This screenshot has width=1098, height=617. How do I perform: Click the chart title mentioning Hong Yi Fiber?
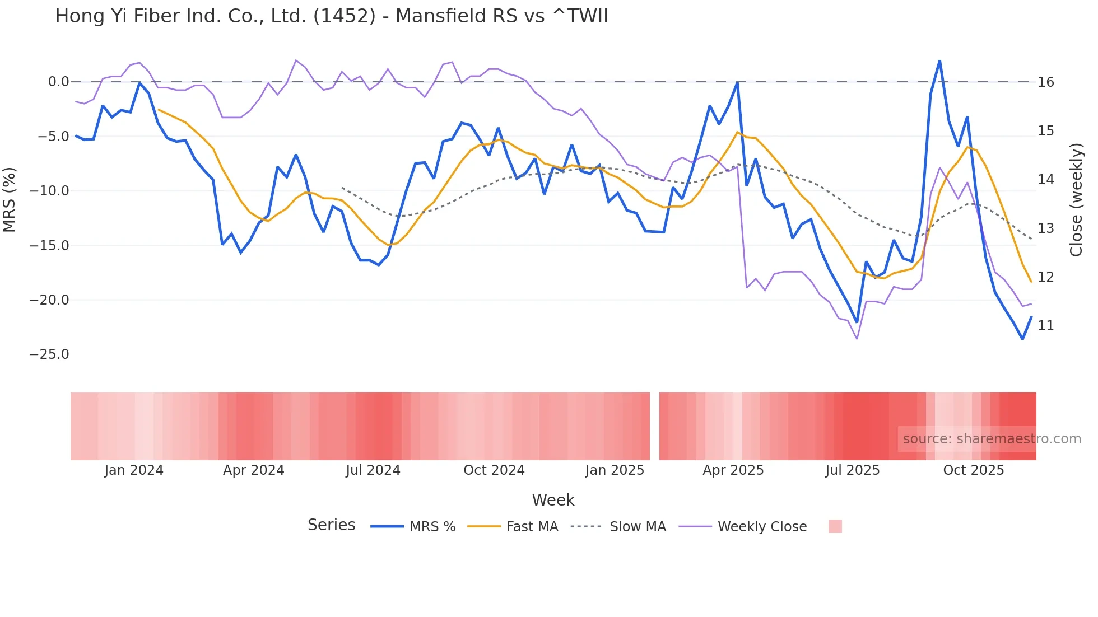coord(331,16)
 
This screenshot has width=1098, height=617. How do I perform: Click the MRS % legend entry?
coord(432,527)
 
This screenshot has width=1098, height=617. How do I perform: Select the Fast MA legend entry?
coord(532,527)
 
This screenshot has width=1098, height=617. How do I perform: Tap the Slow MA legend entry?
coord(638,527)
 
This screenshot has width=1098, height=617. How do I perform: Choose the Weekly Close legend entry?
coord(761,527)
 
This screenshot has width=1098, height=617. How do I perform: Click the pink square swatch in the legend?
coord(835,526)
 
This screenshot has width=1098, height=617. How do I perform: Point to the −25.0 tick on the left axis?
coord(49,354)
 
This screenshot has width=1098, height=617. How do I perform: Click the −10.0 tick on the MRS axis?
coord(49,191)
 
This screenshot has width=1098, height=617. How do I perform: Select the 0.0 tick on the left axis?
coord(58,82)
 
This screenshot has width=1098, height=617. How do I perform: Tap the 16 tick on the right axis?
coord(1045,82)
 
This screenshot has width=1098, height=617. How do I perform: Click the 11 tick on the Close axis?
coord(1045,326)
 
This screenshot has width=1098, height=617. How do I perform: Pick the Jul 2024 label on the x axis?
coord(373,470)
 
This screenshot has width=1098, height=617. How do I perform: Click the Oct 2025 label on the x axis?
coord(973,470)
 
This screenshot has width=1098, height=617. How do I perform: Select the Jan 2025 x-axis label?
coord(615,470)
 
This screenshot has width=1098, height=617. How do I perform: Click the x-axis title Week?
coord(553,500)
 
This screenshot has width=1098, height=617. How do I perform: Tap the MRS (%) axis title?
coord(9,199)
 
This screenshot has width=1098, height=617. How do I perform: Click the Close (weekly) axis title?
coord(1076,199)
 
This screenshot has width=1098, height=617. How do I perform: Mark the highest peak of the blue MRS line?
coord(939,60)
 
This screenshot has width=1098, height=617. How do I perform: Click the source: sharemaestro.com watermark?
coord(992,439)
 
